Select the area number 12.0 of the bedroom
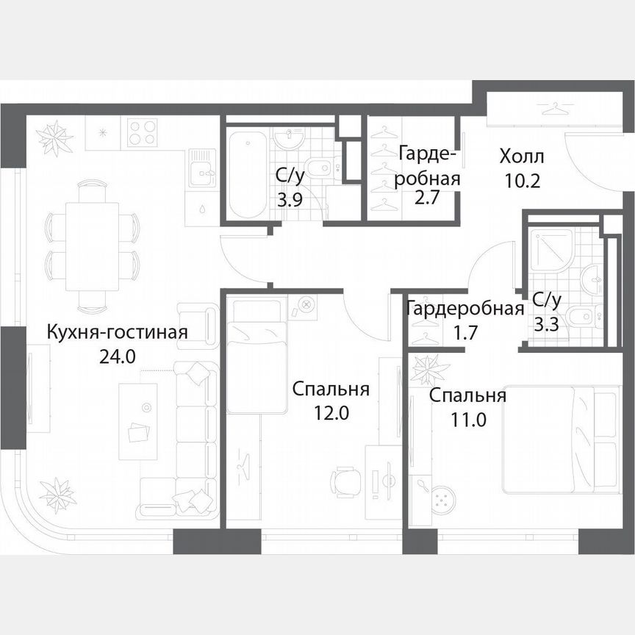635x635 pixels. [x=329, y=412]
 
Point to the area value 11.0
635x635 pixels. [x=467, y=420]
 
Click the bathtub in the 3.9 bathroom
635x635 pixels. [x=245, y=173]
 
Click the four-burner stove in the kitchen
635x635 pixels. [x=143, y=132]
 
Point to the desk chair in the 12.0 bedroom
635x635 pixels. [x=345, y=482]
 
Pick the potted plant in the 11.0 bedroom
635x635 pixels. [x=426, y=370]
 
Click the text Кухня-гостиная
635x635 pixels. [x=117, y=332]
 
